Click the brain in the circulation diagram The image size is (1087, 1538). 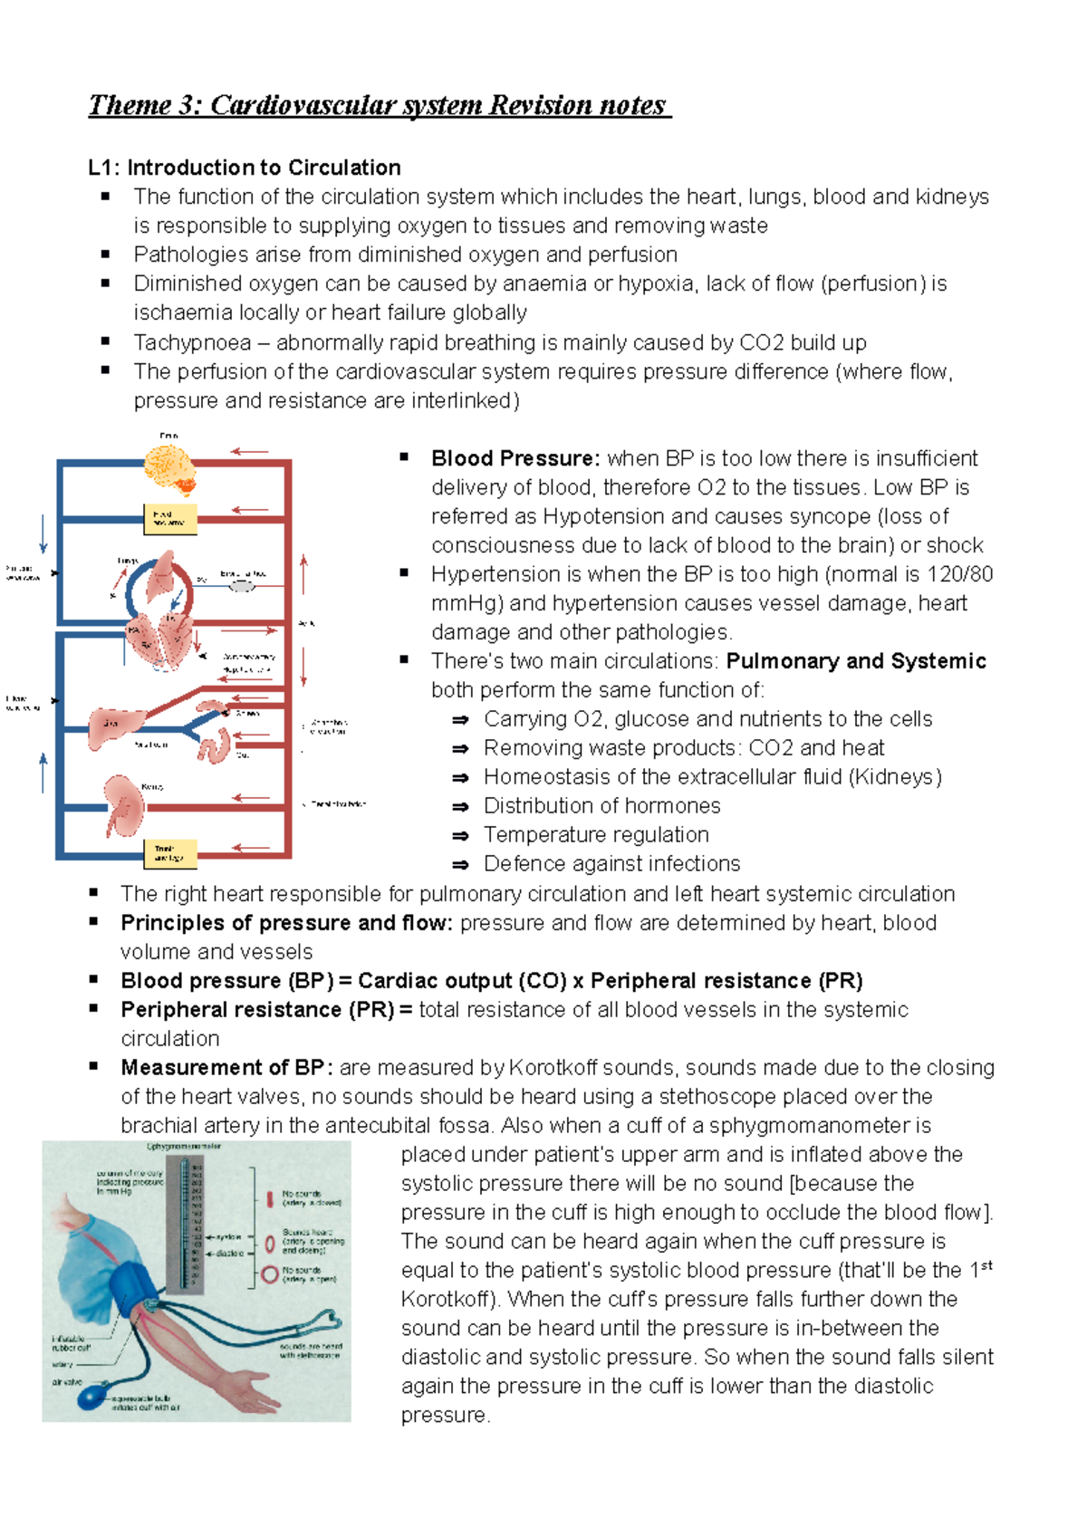click(x=169, y=468)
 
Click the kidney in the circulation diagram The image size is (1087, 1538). click(x=122, y=805)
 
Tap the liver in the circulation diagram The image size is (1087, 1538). click(x=114, y=727)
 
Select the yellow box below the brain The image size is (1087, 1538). click(x=169, y=519)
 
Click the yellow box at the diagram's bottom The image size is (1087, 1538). click(x=169, y=853)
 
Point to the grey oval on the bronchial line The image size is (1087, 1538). click(x=241, y=586)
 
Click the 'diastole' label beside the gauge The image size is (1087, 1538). click(x=229, y=1254)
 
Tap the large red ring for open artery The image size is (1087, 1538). click(x=269, y=1274)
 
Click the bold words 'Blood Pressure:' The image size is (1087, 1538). click(x=515, y=458)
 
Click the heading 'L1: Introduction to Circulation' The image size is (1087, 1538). click(x=245, y=168)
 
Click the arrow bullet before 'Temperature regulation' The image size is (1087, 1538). click(x=460, y=836)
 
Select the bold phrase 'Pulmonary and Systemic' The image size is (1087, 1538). click(x=855, y=661)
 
